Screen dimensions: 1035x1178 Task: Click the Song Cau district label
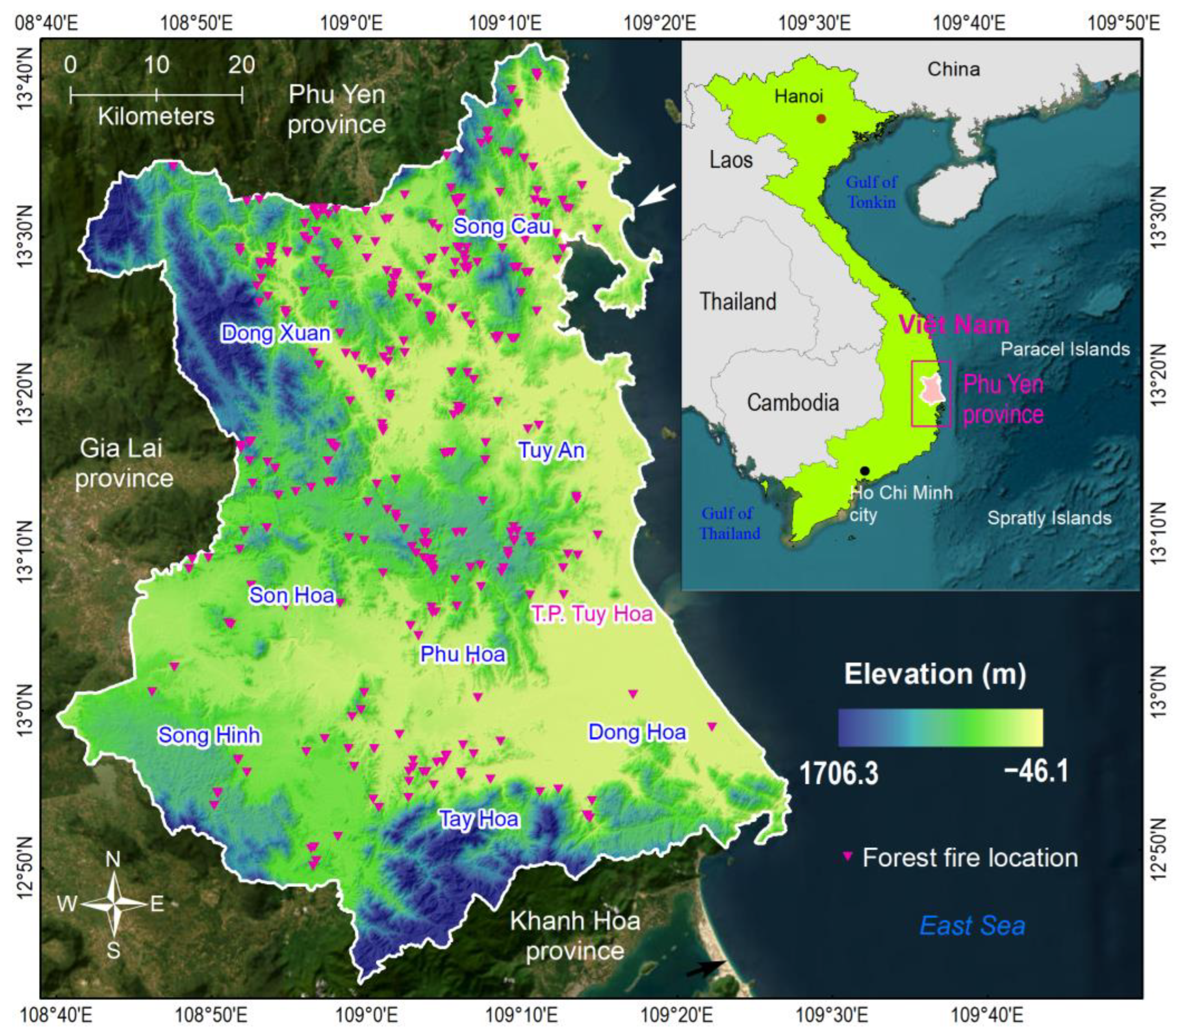502,226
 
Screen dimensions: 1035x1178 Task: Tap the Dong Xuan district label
276,334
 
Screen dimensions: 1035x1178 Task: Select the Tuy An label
551,450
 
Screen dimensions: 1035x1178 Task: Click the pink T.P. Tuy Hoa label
592,614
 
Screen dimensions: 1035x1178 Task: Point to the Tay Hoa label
479,819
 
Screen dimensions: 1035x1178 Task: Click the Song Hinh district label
209,735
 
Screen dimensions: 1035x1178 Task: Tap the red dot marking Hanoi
821,119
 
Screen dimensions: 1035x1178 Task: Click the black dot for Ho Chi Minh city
865,470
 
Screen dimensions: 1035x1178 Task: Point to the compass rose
114,904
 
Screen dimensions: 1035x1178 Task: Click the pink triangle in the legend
847,856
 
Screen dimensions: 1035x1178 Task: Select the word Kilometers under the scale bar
155,117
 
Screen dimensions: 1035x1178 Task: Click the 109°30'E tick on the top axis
815,24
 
